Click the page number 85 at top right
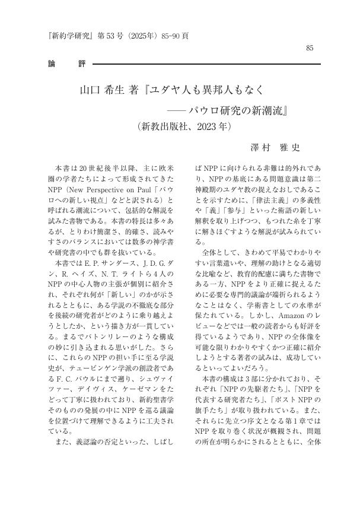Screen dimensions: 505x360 pos(309,47)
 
